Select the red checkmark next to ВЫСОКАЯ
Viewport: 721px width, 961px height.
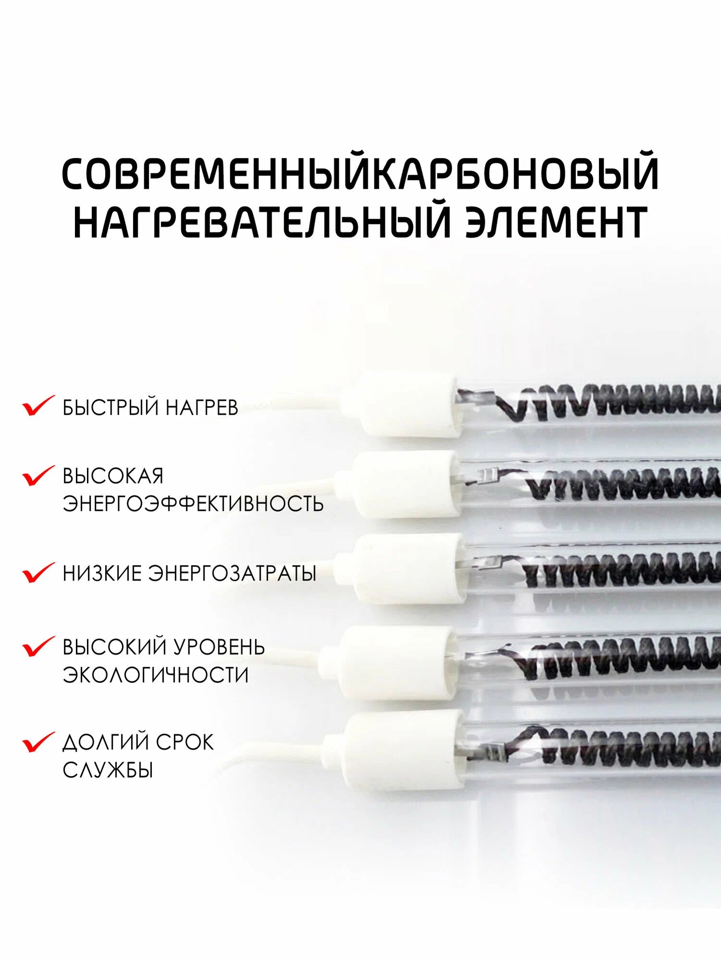click(x=38, y=475)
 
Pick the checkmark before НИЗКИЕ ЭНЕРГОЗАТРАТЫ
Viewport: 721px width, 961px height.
click(x=38, y=572)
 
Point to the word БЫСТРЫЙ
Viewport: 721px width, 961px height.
click(x=111, y=407)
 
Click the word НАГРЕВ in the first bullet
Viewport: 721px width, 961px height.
click(x=202, y=407)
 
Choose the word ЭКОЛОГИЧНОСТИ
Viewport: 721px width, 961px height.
click(x=156, y=675)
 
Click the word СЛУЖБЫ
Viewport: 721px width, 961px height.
click(x=108, y=770)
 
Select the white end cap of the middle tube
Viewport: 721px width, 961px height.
click(x=401, y=568)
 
